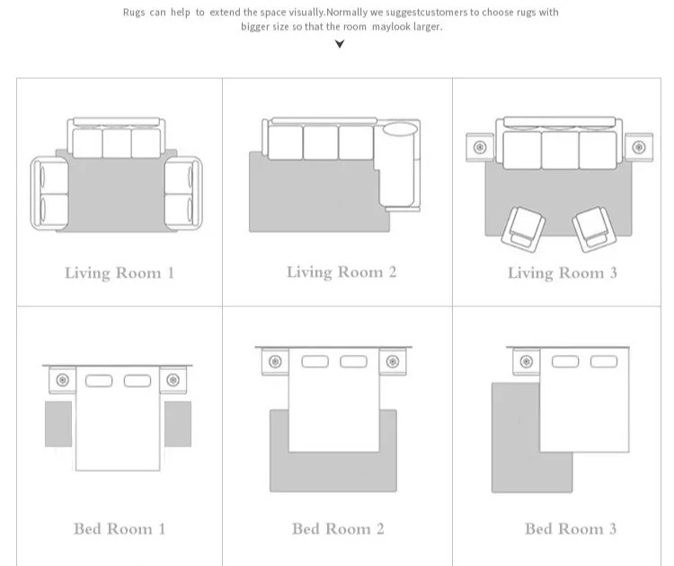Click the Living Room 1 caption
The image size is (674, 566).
[x=120, y=273]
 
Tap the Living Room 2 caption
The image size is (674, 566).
[x=341, y=272]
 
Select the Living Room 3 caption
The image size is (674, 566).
[x=563, y=273]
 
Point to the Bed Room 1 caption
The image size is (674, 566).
[x=120, y=528]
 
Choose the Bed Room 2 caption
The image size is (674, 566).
[x=338, y=528]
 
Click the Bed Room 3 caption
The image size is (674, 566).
[x=571, y=528]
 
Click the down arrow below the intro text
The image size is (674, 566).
[x=340, y=44]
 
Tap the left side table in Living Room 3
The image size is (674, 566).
[x=480, y=147]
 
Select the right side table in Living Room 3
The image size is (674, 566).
[x=639, y=147]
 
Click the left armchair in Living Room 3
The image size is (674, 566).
[x=523, y=229]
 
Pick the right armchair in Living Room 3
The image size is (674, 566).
[x=595, y=229]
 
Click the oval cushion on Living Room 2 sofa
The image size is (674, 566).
[x=400, y=129]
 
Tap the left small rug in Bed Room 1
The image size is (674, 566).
[x=58, y=424]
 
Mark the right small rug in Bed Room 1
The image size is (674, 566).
[x=178, y=424]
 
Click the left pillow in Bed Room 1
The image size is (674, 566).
[x=99, y=381]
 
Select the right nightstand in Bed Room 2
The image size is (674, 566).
[x=393, y=362]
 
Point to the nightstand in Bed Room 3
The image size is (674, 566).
[x=527, y=362]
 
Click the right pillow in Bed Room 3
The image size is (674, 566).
[x=604, y=362]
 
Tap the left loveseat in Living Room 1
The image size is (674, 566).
[x=49, y=193]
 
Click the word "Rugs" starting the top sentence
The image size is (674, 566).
[x=134, y=13]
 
